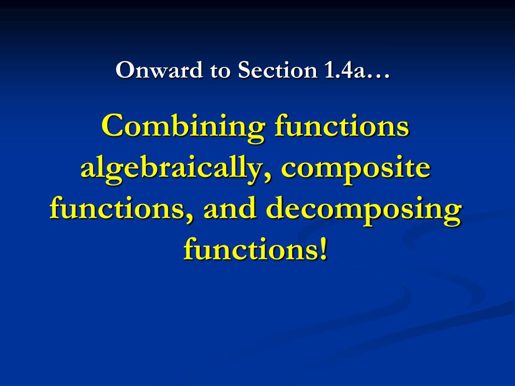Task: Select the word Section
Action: (x=276, y=70)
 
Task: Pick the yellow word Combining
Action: (x=182, y=127)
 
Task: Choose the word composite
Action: (x=356, y=169)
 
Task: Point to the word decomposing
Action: (x=363, y=210)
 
